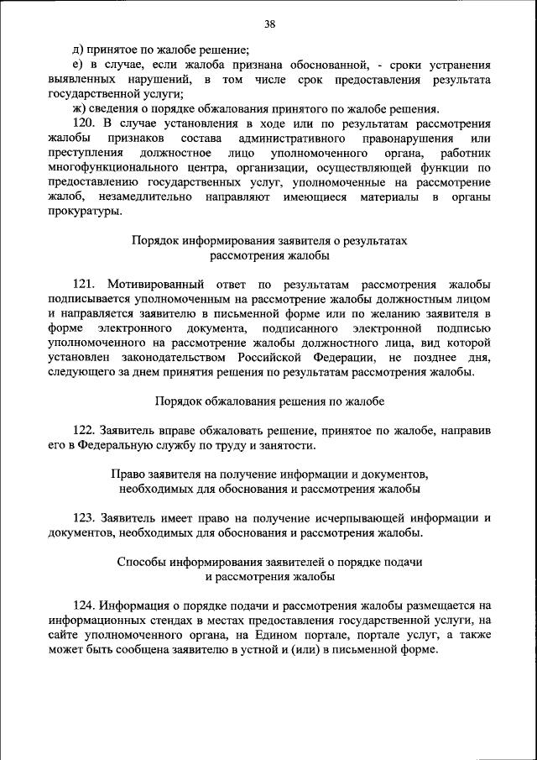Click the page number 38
click(269, 24)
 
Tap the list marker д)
click(80, 51)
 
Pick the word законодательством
click(186, 357)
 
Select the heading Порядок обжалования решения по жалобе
click(269, 401)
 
